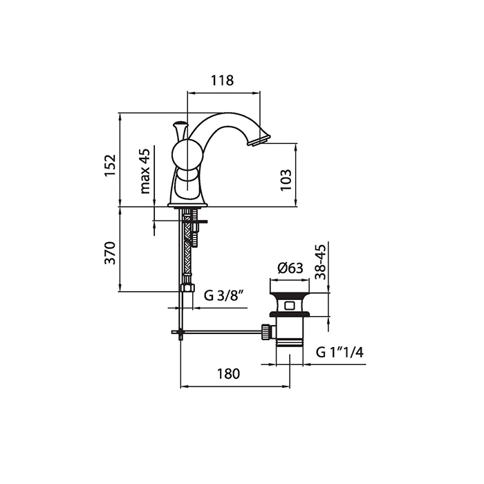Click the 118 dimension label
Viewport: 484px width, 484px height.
[222, 80]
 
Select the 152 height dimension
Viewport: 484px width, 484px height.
[110, 165]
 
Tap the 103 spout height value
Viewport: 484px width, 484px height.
[286, 180]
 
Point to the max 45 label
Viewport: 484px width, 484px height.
[145, 171]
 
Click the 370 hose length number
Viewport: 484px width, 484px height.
[110, 253]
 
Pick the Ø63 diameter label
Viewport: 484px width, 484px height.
[290, 268]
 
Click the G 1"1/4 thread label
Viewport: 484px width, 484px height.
[339, 352]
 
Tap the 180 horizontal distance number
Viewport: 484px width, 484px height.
[228, 374]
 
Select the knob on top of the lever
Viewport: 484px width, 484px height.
[180, 124]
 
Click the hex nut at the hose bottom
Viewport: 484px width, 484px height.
[187, 288]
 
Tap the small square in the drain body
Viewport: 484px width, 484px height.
[290, 306]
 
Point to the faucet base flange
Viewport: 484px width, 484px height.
[187, 205]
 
